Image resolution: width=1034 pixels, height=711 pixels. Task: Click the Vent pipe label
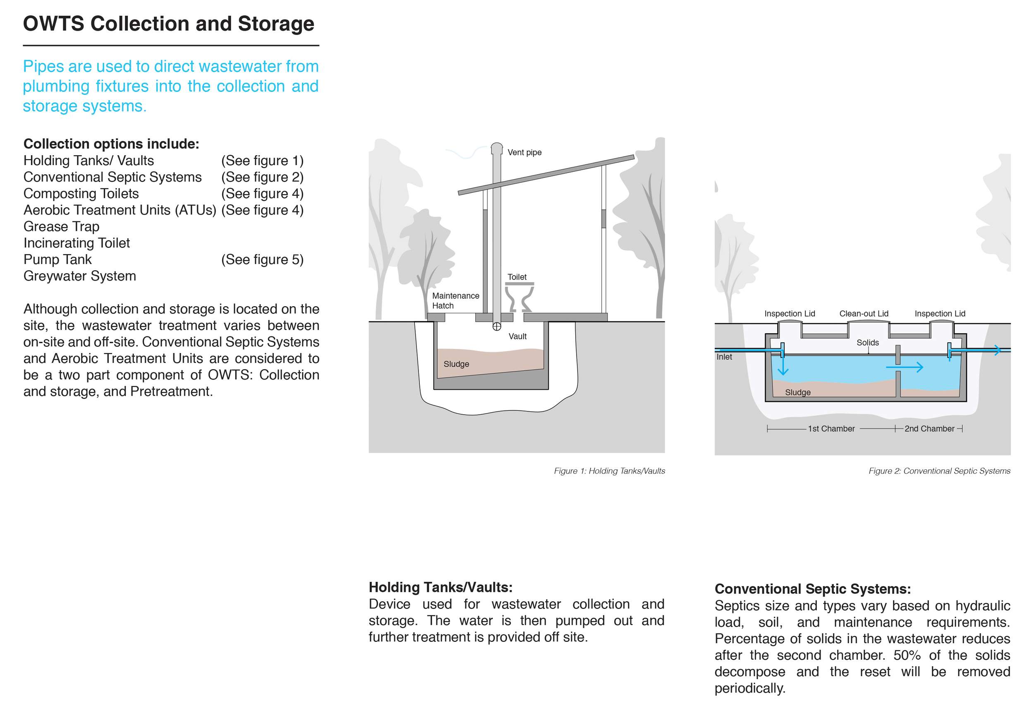click(524, 152)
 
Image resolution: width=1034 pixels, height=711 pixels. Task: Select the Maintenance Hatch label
click(455, 301)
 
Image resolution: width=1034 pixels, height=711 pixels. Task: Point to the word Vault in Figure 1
click(517, 336)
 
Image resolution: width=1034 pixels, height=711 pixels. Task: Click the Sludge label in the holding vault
click(456, 364)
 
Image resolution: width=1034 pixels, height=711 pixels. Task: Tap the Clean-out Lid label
click(864, 314)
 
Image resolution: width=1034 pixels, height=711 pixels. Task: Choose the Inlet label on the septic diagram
click(724, 357)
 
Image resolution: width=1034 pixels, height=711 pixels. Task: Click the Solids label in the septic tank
click(868, 343)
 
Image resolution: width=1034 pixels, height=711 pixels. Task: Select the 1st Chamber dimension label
click(831, 429)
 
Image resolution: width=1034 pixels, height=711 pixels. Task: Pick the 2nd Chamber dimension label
click(929, 429)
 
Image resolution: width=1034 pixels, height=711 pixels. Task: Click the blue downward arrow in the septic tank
click(783, 363)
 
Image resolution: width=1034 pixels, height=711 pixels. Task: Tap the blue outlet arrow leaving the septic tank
click(977, 350)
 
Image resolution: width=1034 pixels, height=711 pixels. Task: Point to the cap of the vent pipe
click(497, 148)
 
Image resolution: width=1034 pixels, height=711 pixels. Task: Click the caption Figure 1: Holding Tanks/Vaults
click(609, 471)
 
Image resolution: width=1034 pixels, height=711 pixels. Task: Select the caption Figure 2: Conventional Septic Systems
click(939, 471)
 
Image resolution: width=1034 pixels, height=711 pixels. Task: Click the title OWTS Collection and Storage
click(169, 24)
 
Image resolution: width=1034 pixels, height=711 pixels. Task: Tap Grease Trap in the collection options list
click(62, 226)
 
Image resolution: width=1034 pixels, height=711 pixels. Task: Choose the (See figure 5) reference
click(262, 259)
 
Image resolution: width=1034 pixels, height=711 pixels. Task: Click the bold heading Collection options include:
click(111, 144)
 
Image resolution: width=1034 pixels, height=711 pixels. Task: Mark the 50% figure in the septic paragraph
click(907, 655)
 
